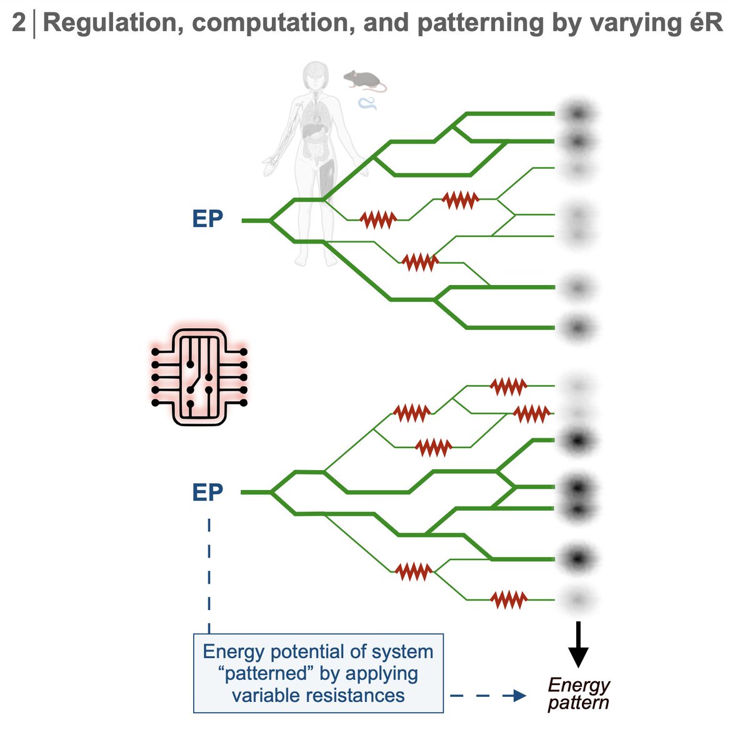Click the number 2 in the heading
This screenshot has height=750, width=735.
[x=19, y=23]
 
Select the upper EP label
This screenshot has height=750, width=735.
[x=207, y=220]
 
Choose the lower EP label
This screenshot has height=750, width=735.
[x=207, y=492]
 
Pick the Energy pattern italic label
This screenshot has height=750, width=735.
[x=578, y=694]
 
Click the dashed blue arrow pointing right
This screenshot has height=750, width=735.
[x=488, y=695]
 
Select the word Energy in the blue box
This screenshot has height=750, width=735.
[x=230, y=651]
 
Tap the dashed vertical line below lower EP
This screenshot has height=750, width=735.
[x=209, y=575]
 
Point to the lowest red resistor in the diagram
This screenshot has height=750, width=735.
[x=509, y=600]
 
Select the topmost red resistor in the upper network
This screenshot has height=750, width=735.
[x=460, y=199]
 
